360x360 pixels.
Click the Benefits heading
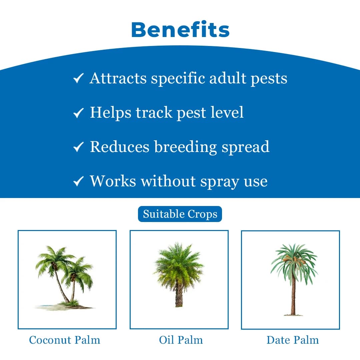pos(180,30)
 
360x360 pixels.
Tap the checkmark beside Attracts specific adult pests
pos(78,79)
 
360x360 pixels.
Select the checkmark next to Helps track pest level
pos(78,113)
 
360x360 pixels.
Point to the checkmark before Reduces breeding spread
pos(78,147)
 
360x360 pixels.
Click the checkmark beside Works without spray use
pos(78,182)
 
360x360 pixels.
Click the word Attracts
pos(118,79)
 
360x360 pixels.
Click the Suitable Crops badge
pos(180,214)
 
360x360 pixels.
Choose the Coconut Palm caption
pos(65,340)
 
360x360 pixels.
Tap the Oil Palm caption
pos(181,340)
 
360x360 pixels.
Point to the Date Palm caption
pos(293,340)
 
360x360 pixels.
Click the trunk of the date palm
pos(293,293)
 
